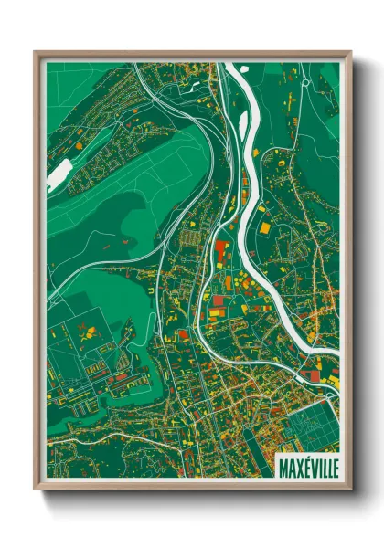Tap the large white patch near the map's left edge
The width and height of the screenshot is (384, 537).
59,173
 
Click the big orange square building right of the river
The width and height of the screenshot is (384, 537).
263,227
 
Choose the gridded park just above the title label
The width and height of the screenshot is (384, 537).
311,429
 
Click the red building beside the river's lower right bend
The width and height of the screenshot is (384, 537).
315,374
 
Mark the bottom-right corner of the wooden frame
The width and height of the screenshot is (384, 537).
349,489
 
